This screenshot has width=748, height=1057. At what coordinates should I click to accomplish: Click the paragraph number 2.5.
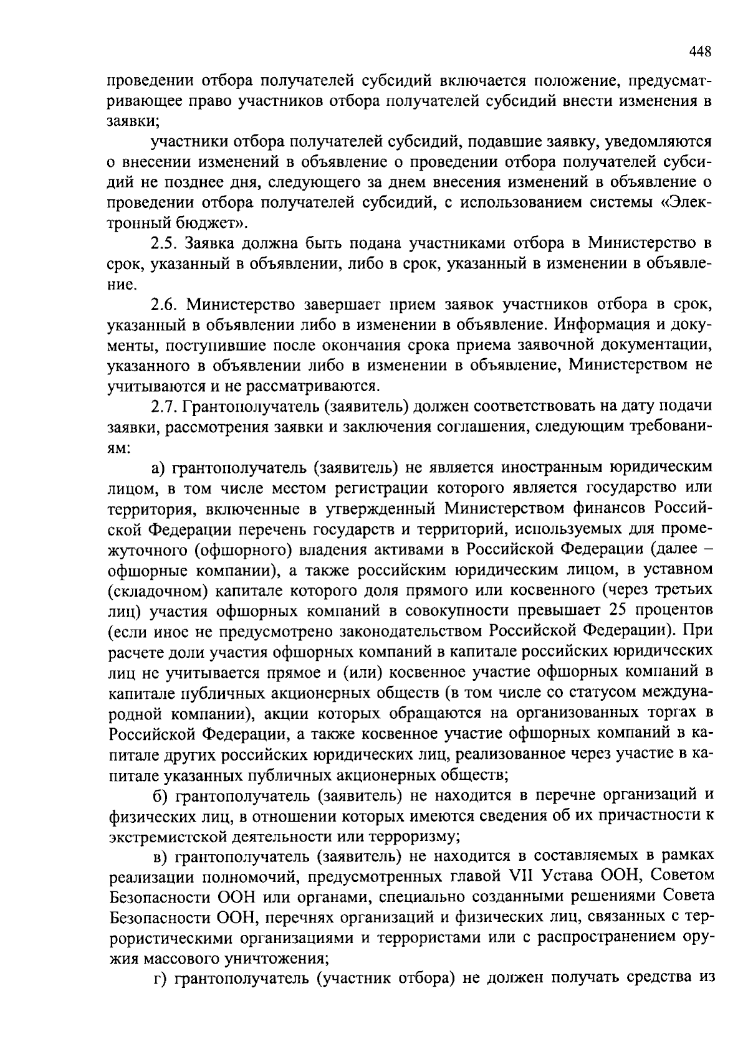tap(165, 243)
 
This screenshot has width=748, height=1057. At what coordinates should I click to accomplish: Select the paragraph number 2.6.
tap(165, 304)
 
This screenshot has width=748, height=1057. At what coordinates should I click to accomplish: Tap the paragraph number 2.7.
tap(165, 406)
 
